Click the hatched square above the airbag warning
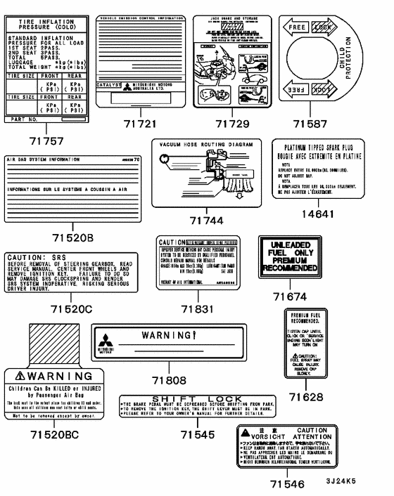(53, 343)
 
